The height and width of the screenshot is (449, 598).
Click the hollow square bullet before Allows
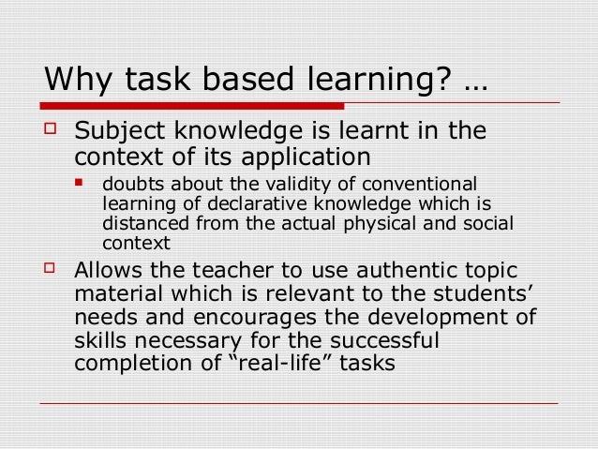[52, 270]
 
